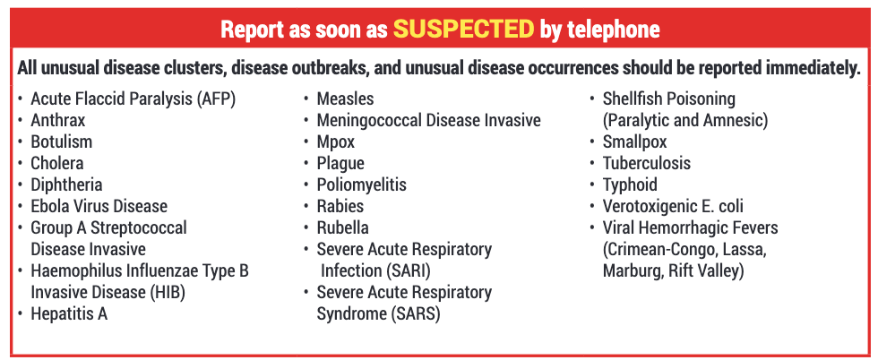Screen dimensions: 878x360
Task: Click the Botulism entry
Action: coord(62,141)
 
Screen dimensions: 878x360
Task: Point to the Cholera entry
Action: coord(57,164)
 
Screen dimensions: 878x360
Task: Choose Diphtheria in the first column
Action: coord(66,184)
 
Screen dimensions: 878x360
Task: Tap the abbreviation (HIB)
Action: coord(165,293)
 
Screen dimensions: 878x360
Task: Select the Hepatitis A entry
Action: coord(69,314)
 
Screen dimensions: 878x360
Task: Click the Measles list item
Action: coord(345,99)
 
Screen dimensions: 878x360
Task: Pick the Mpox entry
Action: coord(336,142)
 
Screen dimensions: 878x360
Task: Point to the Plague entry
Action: coord(340,164)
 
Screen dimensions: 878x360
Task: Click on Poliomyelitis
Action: coord(362,184)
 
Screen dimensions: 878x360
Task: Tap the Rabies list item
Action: coord(340,206)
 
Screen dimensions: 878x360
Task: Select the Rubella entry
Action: coord(342,227)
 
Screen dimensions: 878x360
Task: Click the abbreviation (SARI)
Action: coord(409,271)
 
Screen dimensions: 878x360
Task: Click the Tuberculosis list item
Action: coord(647,164)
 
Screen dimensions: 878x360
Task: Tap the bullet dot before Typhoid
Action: coord(593,184)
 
